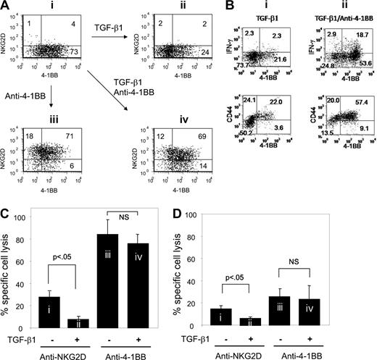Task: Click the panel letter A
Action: (7, 7)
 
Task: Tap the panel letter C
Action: (7, 214)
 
